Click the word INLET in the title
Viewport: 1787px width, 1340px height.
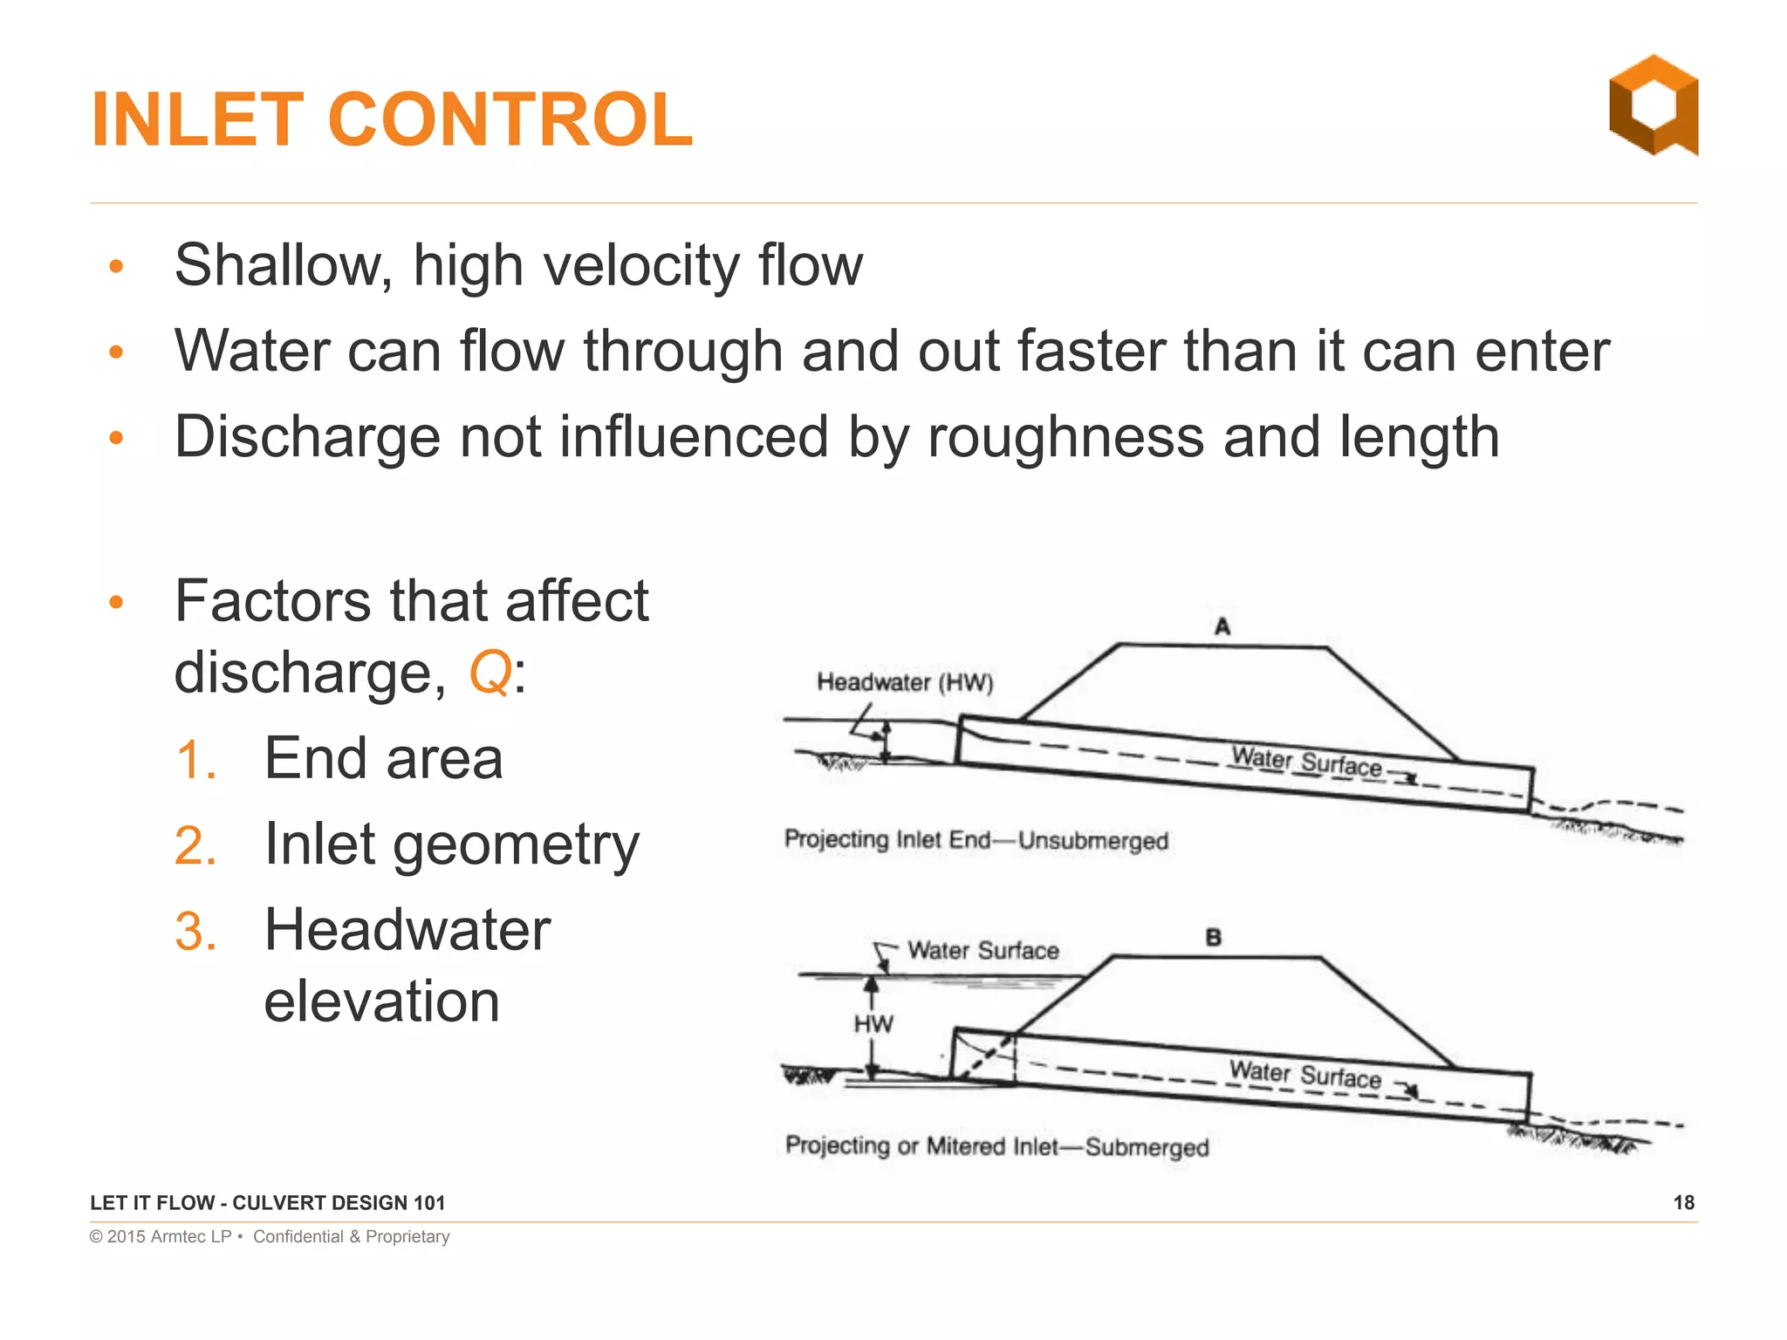click(x=197, y=120)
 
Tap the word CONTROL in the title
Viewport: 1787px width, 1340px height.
click(x=510, y=120)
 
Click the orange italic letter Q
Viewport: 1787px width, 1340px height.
click(x=490, y=673)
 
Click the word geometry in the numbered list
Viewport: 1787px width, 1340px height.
click(x=516, y=845)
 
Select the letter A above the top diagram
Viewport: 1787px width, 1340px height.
click(x=1222, y=626)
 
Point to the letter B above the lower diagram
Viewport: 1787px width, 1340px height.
click(x=1213, y=938)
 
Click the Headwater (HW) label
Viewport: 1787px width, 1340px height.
click(x=905, y=682)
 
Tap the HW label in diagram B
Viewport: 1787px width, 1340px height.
click(x=873, y=1023)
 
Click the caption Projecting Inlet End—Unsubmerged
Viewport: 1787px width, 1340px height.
click(x=976, y=840)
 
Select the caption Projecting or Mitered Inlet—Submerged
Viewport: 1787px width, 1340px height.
click(x=996, y=1145)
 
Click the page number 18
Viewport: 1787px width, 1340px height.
click(x=1683, y=1203)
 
